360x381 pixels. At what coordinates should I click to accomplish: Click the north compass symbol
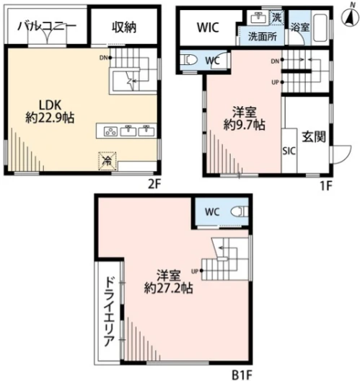pos(351,17)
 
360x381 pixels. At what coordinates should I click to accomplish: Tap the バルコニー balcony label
pos(47,26)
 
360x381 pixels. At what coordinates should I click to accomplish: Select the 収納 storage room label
pos(124,27)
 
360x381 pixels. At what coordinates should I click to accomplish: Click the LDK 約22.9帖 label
pos(50,112)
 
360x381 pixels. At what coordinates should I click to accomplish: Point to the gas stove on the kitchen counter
pos(110,131)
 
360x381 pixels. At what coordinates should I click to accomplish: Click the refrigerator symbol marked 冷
pos(107,161)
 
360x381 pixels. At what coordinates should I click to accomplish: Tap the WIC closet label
pos(208,27)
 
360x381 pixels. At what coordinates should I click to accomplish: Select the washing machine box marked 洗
pos(276,18)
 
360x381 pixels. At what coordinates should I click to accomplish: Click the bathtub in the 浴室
pos(320,28)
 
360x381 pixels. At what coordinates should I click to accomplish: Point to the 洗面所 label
pos(263,37)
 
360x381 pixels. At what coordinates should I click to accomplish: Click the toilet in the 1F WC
pos(190,59)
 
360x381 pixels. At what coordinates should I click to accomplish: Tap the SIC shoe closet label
pos(289,151)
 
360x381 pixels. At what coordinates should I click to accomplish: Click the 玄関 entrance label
pos(314,137)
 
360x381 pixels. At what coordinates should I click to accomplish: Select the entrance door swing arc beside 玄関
pos(347,157)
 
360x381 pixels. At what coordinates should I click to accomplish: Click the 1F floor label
pos(326,186)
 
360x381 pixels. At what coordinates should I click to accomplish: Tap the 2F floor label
pos(154,185)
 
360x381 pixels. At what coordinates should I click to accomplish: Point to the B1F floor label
pos(241,375)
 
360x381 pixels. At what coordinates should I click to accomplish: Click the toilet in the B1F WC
pos(240,211)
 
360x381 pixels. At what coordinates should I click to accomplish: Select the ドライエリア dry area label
pos(109,312)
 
